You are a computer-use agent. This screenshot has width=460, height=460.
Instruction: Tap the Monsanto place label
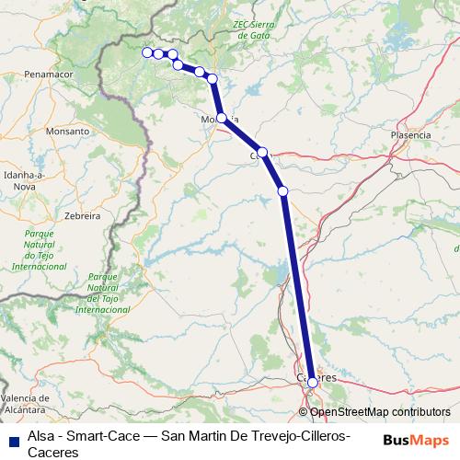69,132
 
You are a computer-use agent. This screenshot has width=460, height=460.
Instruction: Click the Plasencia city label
410,134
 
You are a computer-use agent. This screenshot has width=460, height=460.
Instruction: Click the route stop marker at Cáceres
313,382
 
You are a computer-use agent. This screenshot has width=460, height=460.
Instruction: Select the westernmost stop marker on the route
147,52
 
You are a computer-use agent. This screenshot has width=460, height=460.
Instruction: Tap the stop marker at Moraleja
222,118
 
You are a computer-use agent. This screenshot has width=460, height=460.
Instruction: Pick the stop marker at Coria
262,153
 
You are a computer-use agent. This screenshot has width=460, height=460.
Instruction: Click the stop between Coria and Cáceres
283,190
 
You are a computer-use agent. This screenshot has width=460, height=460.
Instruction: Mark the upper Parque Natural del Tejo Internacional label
39,248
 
